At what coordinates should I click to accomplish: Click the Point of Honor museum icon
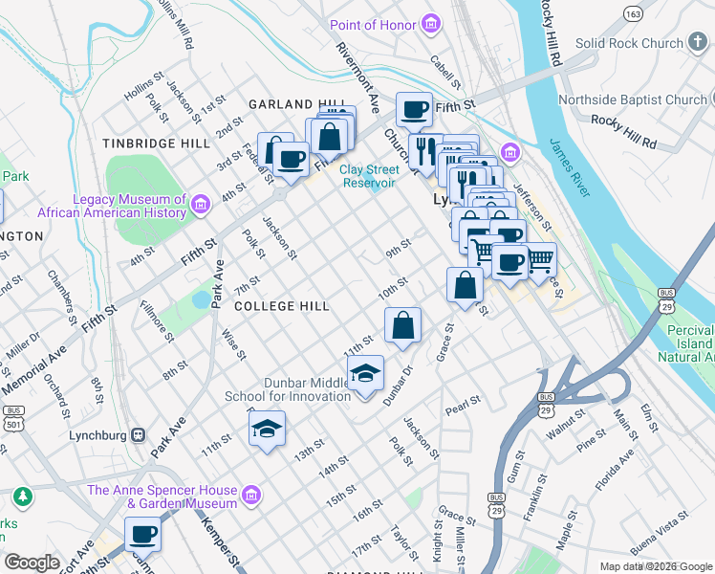click(431, 23)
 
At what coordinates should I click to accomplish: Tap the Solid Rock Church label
click(629, 43)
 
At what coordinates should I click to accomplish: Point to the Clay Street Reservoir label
click(368, 176)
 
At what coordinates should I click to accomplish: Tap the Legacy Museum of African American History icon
click(200, 204)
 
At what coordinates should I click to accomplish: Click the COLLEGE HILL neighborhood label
click(282, 306)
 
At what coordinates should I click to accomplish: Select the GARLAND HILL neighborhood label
click(294, 103)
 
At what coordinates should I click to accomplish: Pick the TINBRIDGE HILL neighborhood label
click(157, 143)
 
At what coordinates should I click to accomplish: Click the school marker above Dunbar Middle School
click(364, 374)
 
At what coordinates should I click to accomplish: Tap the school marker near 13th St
click(268, 429)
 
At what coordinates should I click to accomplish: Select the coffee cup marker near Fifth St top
click(414, 110)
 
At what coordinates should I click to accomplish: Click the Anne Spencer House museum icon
click(250, 495)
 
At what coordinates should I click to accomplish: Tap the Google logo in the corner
click(32, 563)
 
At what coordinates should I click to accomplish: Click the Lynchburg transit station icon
click(139, 434)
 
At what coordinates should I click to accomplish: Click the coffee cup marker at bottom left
click(143, 534)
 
